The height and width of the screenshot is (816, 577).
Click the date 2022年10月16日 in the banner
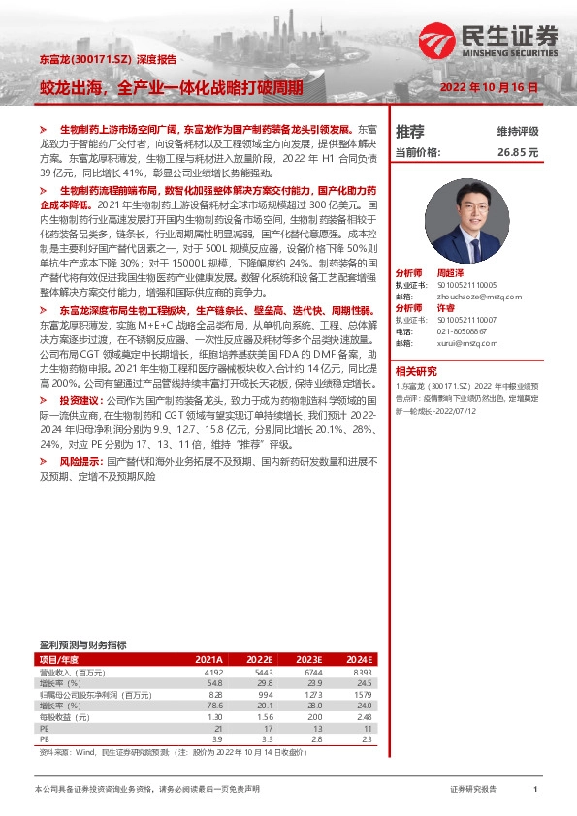[x=488, y=86]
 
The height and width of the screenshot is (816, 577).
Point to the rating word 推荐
[x=410, y=131]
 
